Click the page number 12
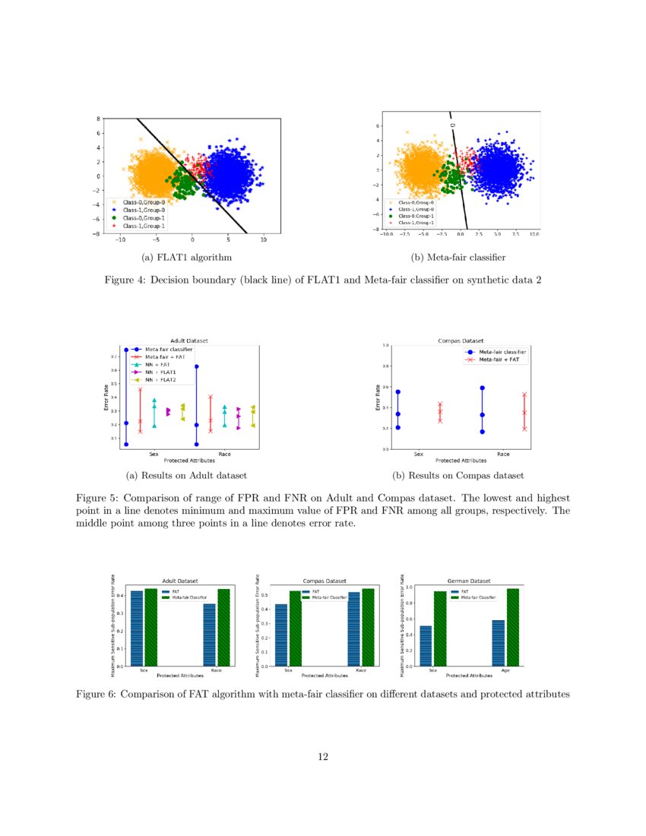point(323,756)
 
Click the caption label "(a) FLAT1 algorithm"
point(182,258)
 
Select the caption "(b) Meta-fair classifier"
point(458,258)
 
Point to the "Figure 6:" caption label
point(99,694)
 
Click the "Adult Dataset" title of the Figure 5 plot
point(189,340)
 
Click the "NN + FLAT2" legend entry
point(161,380)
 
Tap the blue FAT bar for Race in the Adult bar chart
point(209,635)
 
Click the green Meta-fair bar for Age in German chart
point(512,627)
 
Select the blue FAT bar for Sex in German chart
point(426,646)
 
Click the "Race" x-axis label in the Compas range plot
point(503,454)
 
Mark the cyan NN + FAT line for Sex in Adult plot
point(154,413)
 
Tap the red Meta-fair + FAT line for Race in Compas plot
point(524,412)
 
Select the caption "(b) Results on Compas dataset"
point(458,476)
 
